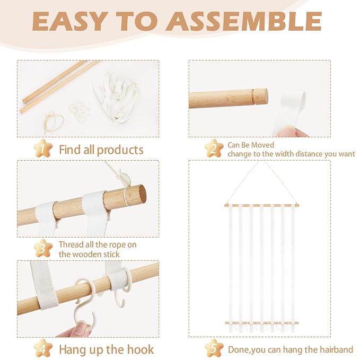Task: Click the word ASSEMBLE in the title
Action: pyautogui.click(x=243, y=21)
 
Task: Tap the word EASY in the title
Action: pyautogui.click(x=70, y=21)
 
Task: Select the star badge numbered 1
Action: pyautogui.click(x=43, y=148)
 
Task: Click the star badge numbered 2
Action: pyautogui.click(x=214, y=148)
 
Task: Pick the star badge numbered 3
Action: pyautogui.click(x=43, y=248)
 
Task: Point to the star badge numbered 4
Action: pyautogui.click(x=43, y=348)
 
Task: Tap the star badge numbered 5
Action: pyautogui.click(x=214, y=348)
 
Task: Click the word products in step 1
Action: pyautogui.click(x=120, y=151)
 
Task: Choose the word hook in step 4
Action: pyautogui.click(x=141, y=349)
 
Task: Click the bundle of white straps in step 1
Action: pyautogui.click(x=117, y=99)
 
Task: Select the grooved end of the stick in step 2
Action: pyautogui.click(x=259, y=97)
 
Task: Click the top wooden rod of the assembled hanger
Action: pyautogui.click(x=262, y=205)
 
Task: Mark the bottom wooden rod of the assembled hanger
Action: pyautogui.click(x=262, y=323)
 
